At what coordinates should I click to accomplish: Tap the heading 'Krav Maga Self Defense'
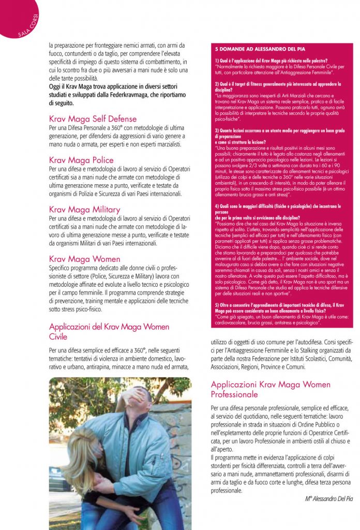pos(93,119)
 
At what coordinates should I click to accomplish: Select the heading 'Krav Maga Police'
pos(81,160)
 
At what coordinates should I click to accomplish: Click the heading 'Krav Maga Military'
pos(84,210)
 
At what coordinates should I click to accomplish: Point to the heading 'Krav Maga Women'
pos(84,259)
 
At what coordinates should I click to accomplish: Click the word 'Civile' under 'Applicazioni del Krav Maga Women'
pos(58,336)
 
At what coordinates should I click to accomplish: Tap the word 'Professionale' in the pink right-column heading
pos(234,394)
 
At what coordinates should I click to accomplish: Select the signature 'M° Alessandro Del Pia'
pos(328,498)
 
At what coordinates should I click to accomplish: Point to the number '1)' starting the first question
pos(217,60)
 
